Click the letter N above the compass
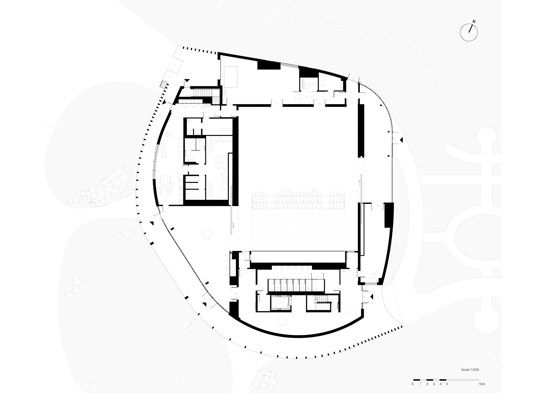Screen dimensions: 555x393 474,21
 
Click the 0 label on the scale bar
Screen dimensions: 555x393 412,384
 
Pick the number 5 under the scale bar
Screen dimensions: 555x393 447,384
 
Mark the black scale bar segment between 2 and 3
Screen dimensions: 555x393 430,380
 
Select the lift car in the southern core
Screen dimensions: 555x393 280,302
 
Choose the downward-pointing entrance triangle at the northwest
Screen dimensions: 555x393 187,81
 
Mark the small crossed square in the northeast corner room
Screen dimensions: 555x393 341,85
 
